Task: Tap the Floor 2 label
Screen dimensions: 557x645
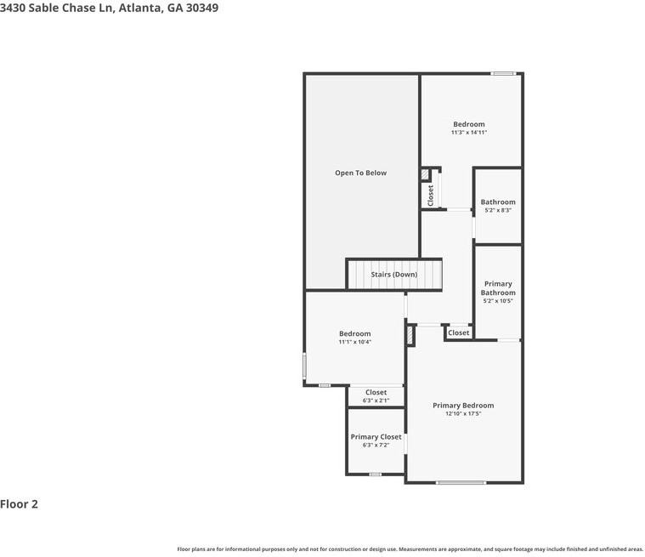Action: pos(20,504)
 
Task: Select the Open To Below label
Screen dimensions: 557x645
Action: pos(360,173)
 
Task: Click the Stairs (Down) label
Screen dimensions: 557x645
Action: pos(393,275)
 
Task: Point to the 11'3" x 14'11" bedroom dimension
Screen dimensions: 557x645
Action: pos(468,133)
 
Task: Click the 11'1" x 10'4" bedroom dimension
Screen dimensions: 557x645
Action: pos(354,342)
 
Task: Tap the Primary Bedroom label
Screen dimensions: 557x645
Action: pos(463,406)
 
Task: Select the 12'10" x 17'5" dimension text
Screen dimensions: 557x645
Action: pos(463,414)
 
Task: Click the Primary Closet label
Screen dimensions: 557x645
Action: pos(376,437)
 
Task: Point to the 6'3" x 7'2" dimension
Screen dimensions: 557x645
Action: pos(376,446)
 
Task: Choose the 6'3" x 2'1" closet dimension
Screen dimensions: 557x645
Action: pos(376,401)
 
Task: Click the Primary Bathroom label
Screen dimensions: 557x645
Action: pos(498,288)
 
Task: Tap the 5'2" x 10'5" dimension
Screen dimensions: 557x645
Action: pos(498,301)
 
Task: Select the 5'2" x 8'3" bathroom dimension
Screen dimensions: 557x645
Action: pos(498,211)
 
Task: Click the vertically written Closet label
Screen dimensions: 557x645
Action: pos(431,195)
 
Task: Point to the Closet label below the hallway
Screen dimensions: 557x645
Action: pos(459,333)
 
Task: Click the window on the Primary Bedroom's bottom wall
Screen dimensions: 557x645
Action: pos(461,483)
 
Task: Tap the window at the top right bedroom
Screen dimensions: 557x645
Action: pos(503,73)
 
